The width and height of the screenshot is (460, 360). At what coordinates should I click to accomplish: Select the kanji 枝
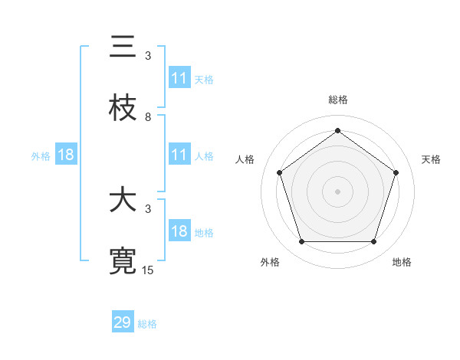123,109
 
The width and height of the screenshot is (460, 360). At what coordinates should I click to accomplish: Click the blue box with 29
123,322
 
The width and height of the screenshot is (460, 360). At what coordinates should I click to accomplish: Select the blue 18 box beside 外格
66,155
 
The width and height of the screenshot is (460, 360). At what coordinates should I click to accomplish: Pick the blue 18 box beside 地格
179,232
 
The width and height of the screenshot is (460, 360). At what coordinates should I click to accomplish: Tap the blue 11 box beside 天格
179,78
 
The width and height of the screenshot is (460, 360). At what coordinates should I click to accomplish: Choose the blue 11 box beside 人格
179,155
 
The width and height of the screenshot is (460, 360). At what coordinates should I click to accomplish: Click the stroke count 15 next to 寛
148,270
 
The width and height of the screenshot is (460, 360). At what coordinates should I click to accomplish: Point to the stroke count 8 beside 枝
148,117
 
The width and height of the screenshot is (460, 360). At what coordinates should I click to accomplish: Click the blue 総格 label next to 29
147,324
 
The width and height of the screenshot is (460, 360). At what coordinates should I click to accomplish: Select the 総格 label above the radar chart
337,100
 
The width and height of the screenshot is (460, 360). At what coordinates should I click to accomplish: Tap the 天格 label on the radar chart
431,159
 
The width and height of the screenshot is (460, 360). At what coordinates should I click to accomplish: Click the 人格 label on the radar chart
245,159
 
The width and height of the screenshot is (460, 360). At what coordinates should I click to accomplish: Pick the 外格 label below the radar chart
270,263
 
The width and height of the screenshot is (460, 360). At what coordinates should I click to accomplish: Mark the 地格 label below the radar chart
402,263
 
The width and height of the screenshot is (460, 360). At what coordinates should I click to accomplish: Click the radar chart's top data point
337,130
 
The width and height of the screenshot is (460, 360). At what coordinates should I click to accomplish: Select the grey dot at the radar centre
337,191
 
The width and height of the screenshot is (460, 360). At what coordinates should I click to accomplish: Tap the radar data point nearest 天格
396,172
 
